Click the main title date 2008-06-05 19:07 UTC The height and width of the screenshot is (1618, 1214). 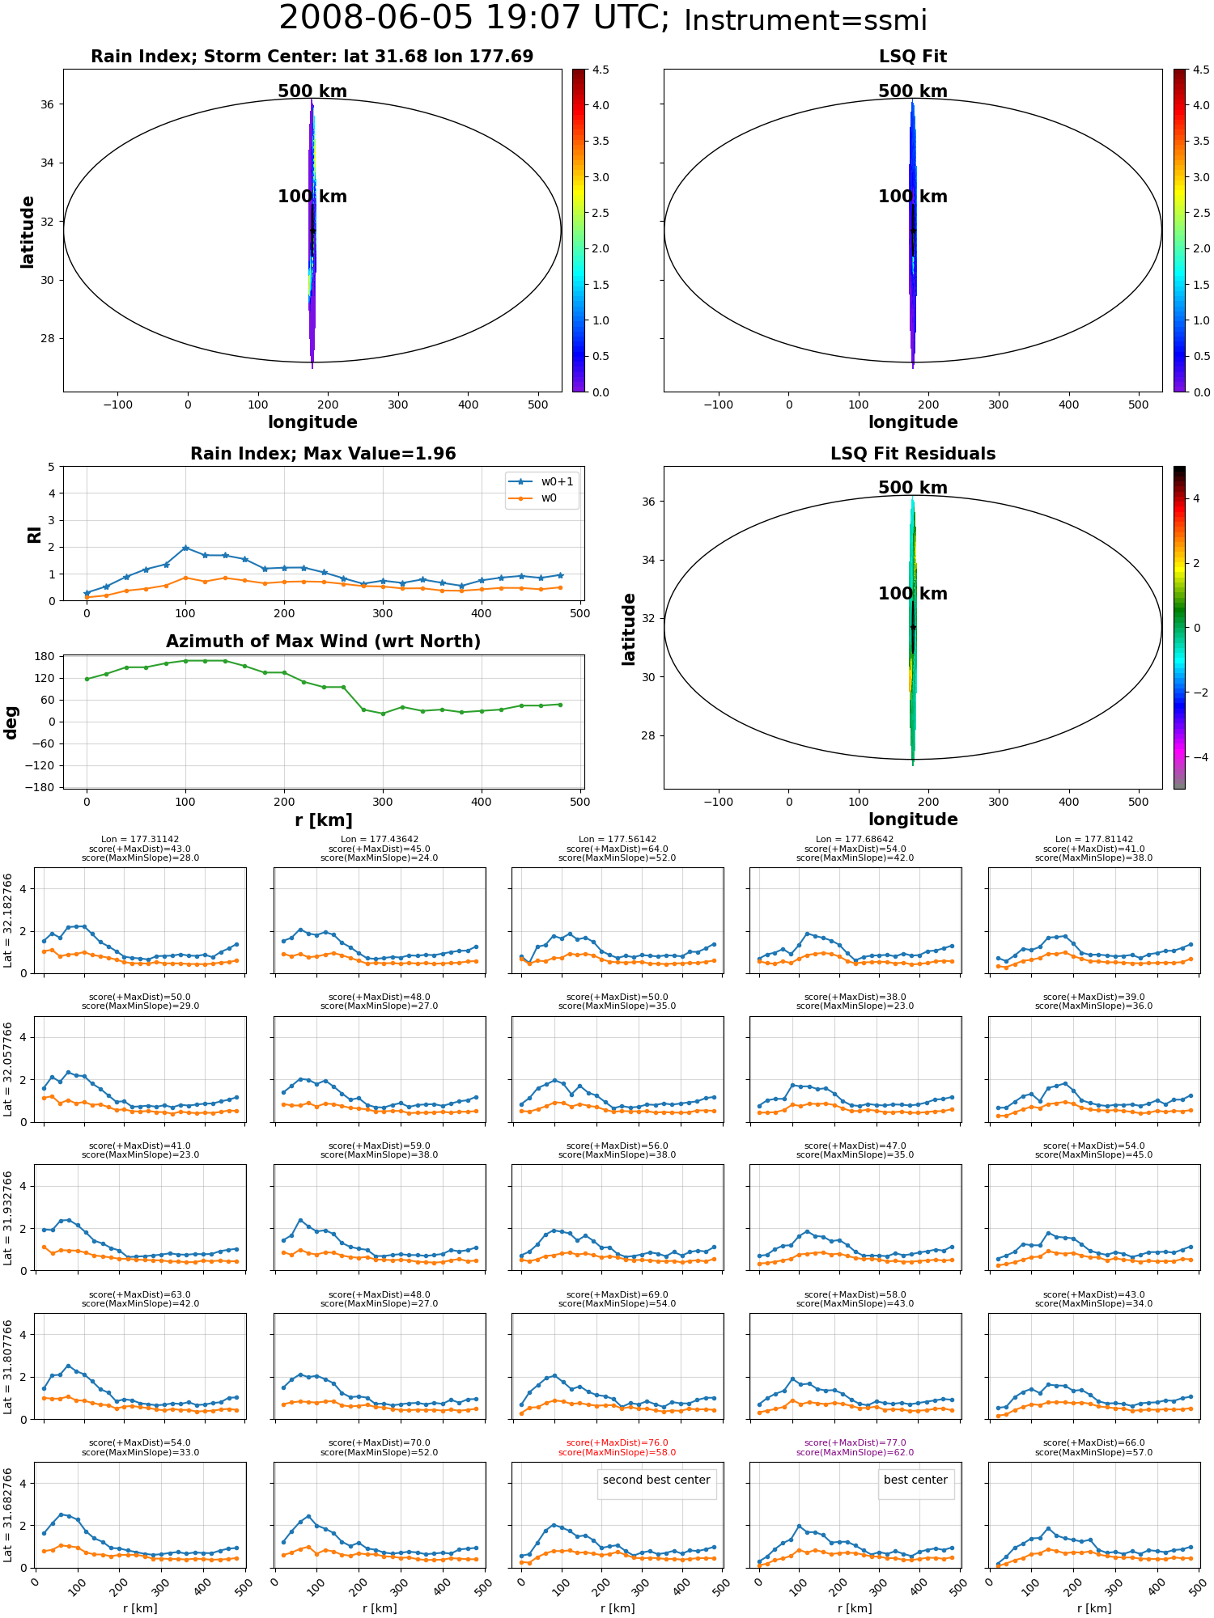pos(474,19)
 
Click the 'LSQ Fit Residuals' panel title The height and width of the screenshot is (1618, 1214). pos(913,454)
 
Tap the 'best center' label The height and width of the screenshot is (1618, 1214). pos(915,1480)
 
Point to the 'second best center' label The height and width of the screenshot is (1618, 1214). pos(656,1480)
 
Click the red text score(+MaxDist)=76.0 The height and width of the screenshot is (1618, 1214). pos(618,1442)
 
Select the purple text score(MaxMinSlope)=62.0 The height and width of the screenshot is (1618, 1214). pos(855,1452)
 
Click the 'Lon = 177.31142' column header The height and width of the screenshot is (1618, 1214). pos(140,840)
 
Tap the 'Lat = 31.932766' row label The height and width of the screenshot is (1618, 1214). pos(8,1218)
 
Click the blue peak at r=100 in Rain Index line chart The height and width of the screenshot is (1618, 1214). pos(185,548)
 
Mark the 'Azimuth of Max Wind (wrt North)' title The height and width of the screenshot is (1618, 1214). pos(324,642)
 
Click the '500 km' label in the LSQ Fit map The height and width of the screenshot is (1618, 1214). pos(913,91)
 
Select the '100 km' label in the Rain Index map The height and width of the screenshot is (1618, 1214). pos(312,197)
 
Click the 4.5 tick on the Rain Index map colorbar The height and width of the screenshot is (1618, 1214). pos(601,70)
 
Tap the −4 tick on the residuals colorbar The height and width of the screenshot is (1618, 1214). pos(1196,757)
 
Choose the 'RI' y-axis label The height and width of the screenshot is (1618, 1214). pos(35,534)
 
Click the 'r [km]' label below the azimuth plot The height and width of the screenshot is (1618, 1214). pos(324,820)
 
